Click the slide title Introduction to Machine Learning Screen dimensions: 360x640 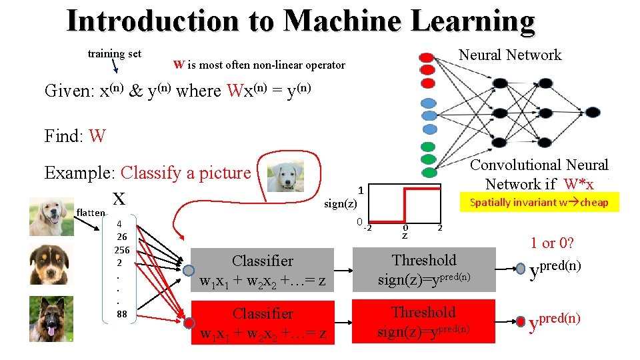[301, 21]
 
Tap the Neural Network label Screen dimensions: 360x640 [510, 55]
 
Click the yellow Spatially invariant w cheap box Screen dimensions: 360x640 [539, 202]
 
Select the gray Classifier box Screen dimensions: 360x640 [263, 271]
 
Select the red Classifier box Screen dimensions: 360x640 [263, 323]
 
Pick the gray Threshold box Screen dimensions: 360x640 [424, 269]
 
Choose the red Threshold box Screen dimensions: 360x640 [424, 321]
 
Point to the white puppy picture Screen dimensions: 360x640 [285, 176]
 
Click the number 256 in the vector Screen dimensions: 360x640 [122, 251]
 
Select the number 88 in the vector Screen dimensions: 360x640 [122, 314]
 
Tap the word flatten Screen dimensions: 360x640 [91, 213]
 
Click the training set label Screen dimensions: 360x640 [115, 54]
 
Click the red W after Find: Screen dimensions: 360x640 [97, 137]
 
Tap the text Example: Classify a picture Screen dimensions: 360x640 [147, 173]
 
